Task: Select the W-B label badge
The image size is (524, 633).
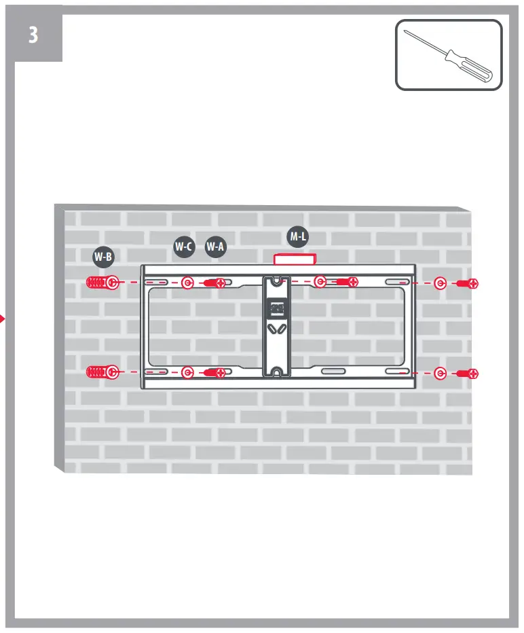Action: click(x=103, y=257)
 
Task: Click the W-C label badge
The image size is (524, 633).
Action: click(x=183, y=247)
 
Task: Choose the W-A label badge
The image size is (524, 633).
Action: click(x=215, y=247)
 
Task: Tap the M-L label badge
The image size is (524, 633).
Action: click(x=297, y=236)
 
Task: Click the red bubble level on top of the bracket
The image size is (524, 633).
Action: click(x=294, y=259)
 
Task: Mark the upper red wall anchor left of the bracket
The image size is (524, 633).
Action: click(x=97, y=283)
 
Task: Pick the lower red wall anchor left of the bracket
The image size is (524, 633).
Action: click(x=97, y=372)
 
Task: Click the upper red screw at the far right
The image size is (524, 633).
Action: click(x=468, y=283)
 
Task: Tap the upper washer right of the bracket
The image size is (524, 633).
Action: click(x=440, y=283)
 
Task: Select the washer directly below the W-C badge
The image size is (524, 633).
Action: click(x=188, y=283)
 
